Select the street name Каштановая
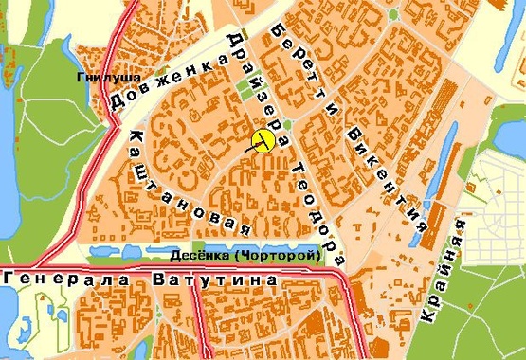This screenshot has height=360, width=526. [x=185, y=185]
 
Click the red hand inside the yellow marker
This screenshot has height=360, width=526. [x=261, y=143]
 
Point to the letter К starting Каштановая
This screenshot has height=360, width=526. [x=133, y=139]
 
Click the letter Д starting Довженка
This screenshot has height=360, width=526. [x=118, y=105]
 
